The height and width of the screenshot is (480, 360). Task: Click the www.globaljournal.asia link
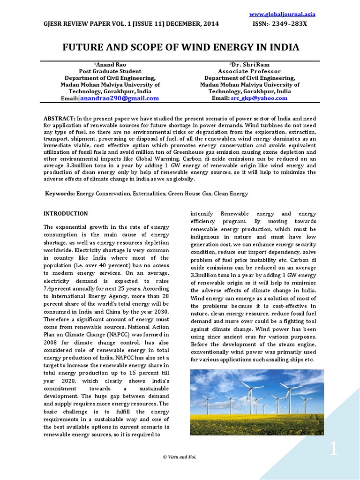pos(289,14)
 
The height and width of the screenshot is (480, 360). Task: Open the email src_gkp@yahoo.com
pos(259,98)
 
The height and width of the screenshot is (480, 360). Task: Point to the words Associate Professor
pos(249,71)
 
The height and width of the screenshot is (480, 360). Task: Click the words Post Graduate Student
pos(110,71)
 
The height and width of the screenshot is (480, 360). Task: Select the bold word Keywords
pos(60,194)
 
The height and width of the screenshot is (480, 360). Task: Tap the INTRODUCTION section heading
pos(66,214)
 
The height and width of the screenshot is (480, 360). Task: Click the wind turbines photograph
pos(257,402)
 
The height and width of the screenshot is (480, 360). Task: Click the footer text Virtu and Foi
pos(180,457)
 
